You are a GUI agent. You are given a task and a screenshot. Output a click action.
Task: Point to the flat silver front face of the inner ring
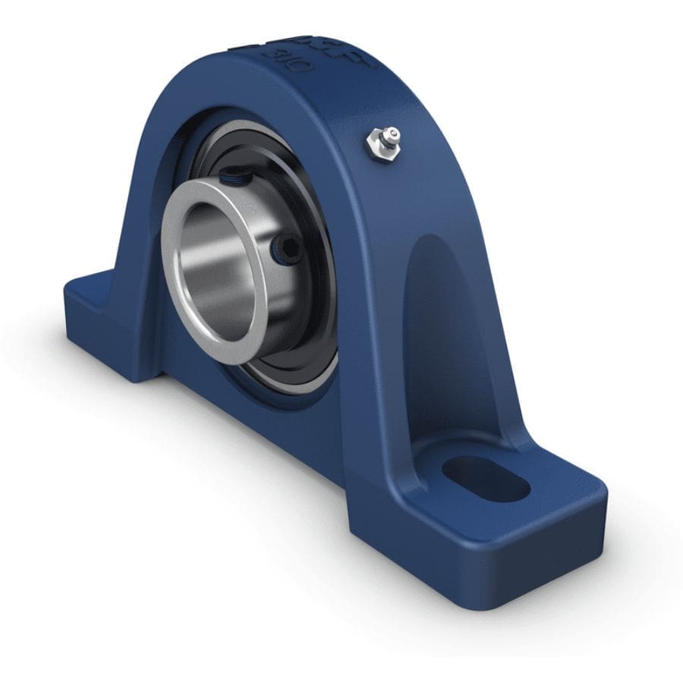pos(176,288)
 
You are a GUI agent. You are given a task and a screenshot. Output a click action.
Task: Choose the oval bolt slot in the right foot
pos(486,478)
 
